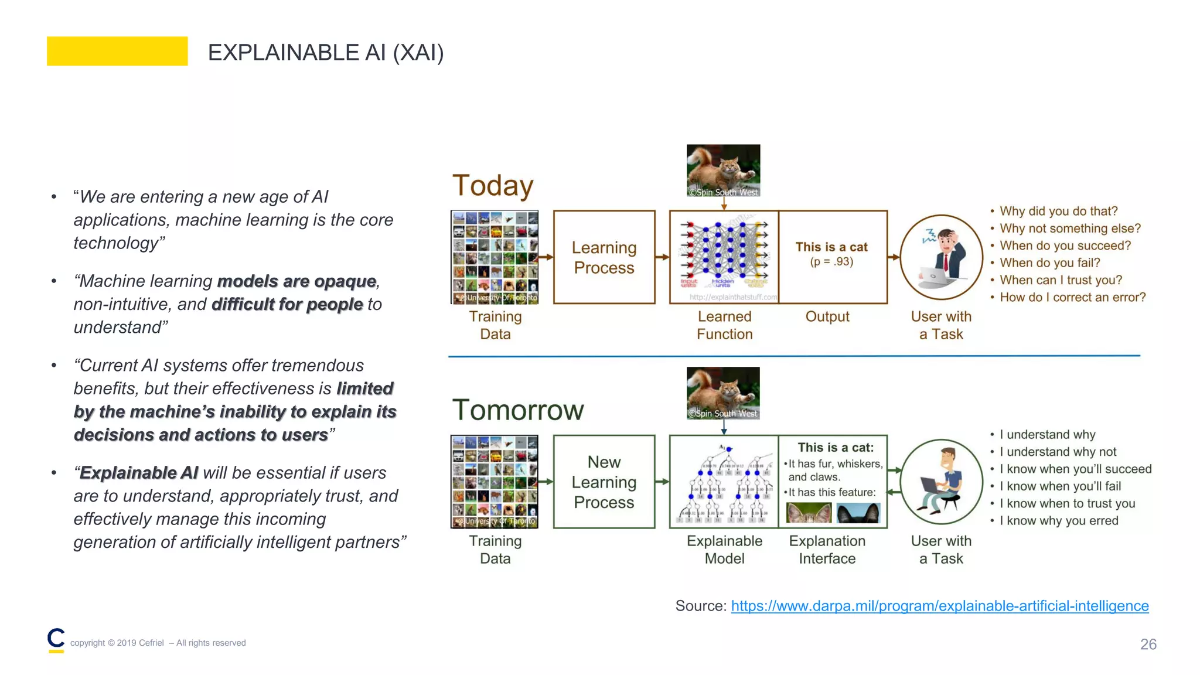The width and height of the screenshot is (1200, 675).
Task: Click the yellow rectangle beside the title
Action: [117, 51]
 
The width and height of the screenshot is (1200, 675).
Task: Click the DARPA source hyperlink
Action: [939, 605]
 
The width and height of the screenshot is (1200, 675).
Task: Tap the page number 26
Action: [1147, 644]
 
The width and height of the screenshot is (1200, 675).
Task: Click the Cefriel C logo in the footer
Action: [56, 640]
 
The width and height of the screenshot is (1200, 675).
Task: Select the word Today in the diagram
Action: [493, 185]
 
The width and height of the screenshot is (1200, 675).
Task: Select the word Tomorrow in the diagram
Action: [518, 410]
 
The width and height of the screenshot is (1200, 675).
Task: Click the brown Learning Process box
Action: [604, 257]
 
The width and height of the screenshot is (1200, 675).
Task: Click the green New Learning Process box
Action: [604, 482]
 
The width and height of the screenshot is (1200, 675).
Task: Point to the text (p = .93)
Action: [831, 261]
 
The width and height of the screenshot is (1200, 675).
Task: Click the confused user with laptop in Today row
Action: [941, 257]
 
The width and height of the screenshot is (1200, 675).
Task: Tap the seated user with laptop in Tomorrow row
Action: [941, 481]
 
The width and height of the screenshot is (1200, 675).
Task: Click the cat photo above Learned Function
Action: [723, 171]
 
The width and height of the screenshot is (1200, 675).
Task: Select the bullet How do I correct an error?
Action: [1072, 297]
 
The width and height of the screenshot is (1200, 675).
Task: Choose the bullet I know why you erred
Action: [1058, 520]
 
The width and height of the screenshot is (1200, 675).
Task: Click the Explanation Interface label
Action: [827, 550]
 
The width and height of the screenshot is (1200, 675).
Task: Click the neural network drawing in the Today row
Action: [724, 253]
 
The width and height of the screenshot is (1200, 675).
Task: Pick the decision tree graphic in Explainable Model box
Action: [724, 483]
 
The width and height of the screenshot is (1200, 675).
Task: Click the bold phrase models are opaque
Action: [296, 281]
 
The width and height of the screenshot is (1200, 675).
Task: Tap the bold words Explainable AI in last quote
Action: [139, 473]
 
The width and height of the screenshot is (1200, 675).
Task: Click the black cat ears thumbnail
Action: [858, 513]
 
